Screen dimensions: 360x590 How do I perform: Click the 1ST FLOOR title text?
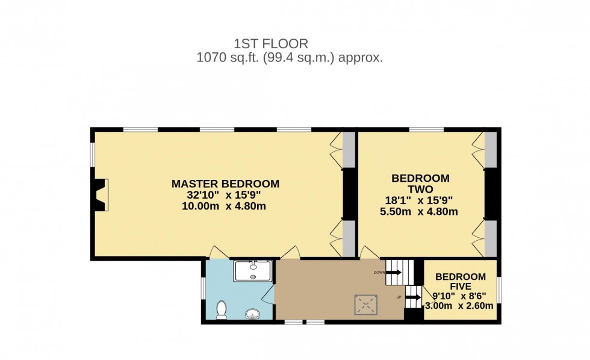(x=271, y=43)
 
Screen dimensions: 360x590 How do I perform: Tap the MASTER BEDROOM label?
(x=225, y=184)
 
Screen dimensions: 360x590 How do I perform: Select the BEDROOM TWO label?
(x=420, y=184)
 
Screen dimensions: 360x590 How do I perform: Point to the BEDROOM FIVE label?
(x=460, y=281)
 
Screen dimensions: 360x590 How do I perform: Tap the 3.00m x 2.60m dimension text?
(x=459, y=306)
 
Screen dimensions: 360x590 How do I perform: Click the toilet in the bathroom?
(x=221, y=309)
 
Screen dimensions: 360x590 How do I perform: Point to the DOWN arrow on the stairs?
(x=393, y=272)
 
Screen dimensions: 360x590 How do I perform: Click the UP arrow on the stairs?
(x=412, y=296)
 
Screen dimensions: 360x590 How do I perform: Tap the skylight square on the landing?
(x=365, y=305)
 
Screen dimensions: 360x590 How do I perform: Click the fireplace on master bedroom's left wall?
(x=100, y=195)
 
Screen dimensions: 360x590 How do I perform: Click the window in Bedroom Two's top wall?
(x=426, y=129)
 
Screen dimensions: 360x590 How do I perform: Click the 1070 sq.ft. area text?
(x=290, y=58)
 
